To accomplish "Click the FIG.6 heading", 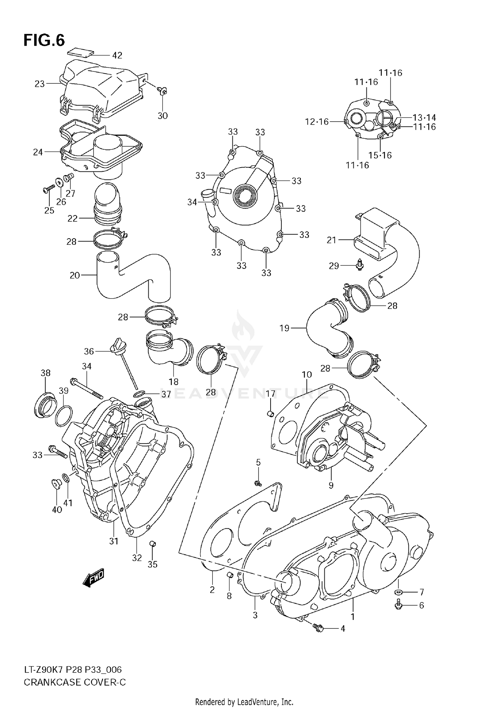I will pos(44,40).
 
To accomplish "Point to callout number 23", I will pos(39,84).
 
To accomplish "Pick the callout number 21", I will pos(331,240).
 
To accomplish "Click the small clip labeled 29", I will pos(360,266).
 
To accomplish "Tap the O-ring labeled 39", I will pos(63,416).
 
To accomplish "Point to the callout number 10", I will pos(307,375).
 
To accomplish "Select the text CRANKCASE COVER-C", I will pos(75,682).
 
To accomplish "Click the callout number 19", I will pos(284,328).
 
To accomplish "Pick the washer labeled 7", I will pos(398,592).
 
